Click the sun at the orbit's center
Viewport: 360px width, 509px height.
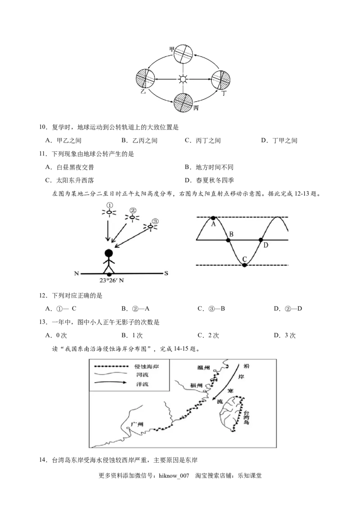[183, 80]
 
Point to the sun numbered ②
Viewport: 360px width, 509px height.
[132, 218]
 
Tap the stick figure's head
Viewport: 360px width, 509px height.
[108, 253]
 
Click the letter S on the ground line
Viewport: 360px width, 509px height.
[166, 273]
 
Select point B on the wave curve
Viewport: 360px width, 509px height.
[229, 240]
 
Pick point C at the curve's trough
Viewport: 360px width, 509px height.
[244, 265]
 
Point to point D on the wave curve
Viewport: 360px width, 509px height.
[261, 240]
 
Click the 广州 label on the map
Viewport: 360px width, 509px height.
[136, 424]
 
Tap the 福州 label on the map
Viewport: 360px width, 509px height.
[197, 385]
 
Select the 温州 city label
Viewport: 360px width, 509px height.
[204, 367]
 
